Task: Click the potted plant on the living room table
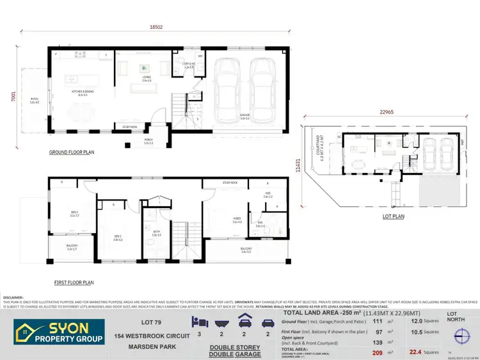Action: (x=145, y=68)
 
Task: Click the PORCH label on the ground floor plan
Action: (x=148, y=142)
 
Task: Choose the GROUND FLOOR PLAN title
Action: (x=72, y=153)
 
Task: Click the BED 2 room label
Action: (x=118, y=239)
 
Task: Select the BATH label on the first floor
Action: (x=156, y=233)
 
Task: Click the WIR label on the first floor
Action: (x=268, y=195)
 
